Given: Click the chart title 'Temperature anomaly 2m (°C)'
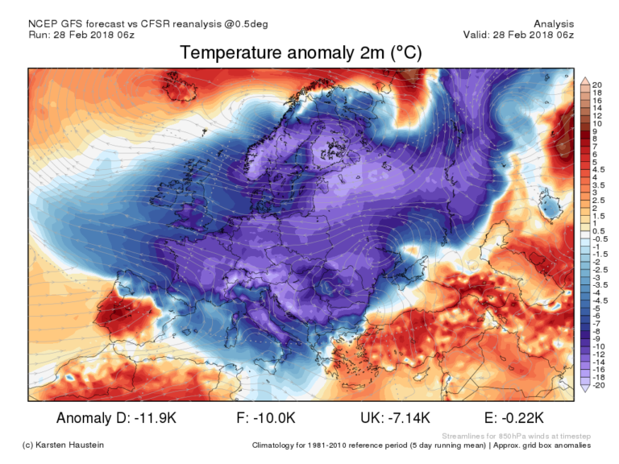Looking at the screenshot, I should (x=301, y=53).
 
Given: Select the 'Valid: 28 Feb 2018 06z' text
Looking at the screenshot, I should (x=518, y=35).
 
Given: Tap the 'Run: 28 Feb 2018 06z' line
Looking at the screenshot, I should (x=82, y=35).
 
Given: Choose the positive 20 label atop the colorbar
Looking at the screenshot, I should (x=597, y=85).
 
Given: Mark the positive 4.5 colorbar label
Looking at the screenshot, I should (x=599, y=170).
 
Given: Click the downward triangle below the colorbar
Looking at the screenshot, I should (x=585, y=387).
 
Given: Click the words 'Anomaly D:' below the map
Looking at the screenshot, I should (x=90, y=417).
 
